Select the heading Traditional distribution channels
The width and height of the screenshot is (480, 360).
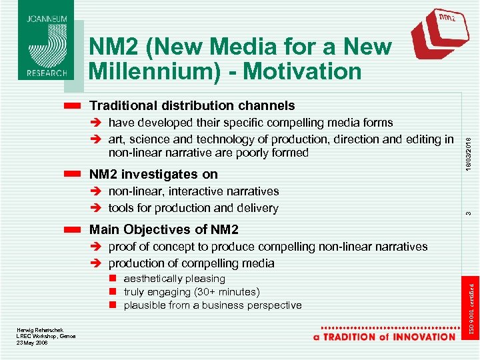tap(192, 105)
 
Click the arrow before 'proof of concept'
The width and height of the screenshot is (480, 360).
tap(96, 247)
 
